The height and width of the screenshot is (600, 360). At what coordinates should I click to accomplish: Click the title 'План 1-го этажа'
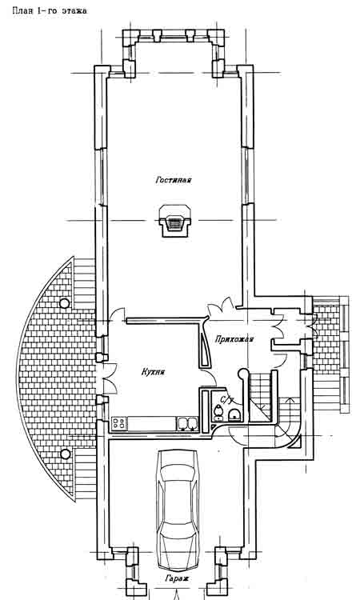[50, 10]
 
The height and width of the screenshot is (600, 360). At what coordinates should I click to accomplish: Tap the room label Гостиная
[174, 179]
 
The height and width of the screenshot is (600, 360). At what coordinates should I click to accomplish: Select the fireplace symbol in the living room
[175, 221]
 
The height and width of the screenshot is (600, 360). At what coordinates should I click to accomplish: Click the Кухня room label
[153, 371]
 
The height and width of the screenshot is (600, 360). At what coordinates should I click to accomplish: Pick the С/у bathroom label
[227, 400]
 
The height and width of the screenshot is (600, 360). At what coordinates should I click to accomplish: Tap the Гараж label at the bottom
[177, 578]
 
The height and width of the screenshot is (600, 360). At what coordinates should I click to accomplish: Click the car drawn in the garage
[178, 510]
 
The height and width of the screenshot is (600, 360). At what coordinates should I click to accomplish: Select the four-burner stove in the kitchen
[119, 423]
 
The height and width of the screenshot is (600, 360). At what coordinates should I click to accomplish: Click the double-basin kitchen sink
[187, 423]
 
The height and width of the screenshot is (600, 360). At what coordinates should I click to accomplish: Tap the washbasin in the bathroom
[234, 414]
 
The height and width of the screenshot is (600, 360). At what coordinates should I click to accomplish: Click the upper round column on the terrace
[65, 303]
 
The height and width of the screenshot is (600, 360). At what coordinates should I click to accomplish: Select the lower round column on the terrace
[66, 454]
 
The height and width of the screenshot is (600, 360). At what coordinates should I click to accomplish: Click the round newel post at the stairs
[242, 373]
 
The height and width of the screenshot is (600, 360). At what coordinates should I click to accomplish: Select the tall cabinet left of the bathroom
[204, 410]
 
